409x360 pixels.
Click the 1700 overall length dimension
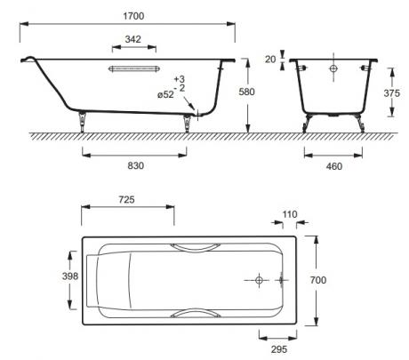(x=133, y=16)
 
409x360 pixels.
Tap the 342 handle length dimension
(x=132, y=39)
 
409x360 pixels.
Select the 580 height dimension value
(x=246, y=92)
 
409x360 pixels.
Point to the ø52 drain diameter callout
(x=165, y=95)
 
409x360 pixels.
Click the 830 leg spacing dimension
(x=136, y=165)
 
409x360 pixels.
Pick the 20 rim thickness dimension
(x=270, y=60)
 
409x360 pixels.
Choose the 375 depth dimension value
(x=391, y=93)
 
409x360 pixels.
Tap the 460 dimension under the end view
(x=334, y=166)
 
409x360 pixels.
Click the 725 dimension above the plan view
(x=126, y=200)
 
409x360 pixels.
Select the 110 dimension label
(x=290, y=214)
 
